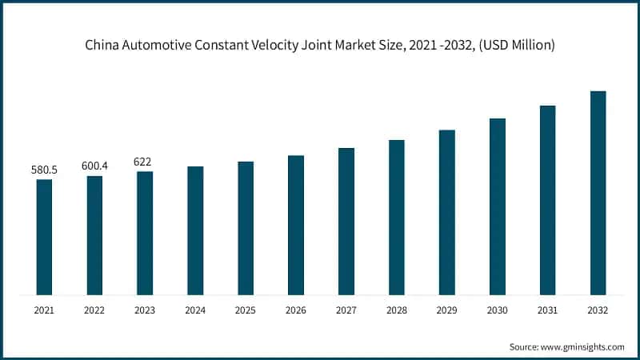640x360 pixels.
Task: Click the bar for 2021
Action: click(44, 237)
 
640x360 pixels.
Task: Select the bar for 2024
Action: click(195, 230)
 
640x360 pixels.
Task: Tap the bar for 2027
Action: click(346, 221)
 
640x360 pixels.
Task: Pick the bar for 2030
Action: click(498, 206)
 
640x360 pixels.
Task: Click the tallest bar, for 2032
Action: click(598, 193)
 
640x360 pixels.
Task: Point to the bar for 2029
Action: click(447, 212)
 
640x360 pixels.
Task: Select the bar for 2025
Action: click(246, 228)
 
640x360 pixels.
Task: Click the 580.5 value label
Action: click(44, 170)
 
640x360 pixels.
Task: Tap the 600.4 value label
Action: click(94, 166)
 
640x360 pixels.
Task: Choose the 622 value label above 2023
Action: click(145, 162)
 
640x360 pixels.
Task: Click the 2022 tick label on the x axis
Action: click(94, 310)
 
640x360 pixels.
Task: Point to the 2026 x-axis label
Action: click(296, 310)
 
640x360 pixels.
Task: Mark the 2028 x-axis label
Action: click(397, 310)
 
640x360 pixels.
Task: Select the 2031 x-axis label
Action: click(548, 310)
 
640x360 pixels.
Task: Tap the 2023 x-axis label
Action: click(145, 310)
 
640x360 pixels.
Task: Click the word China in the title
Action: click(102, 46)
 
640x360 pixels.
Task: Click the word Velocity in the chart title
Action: click(281, 46)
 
